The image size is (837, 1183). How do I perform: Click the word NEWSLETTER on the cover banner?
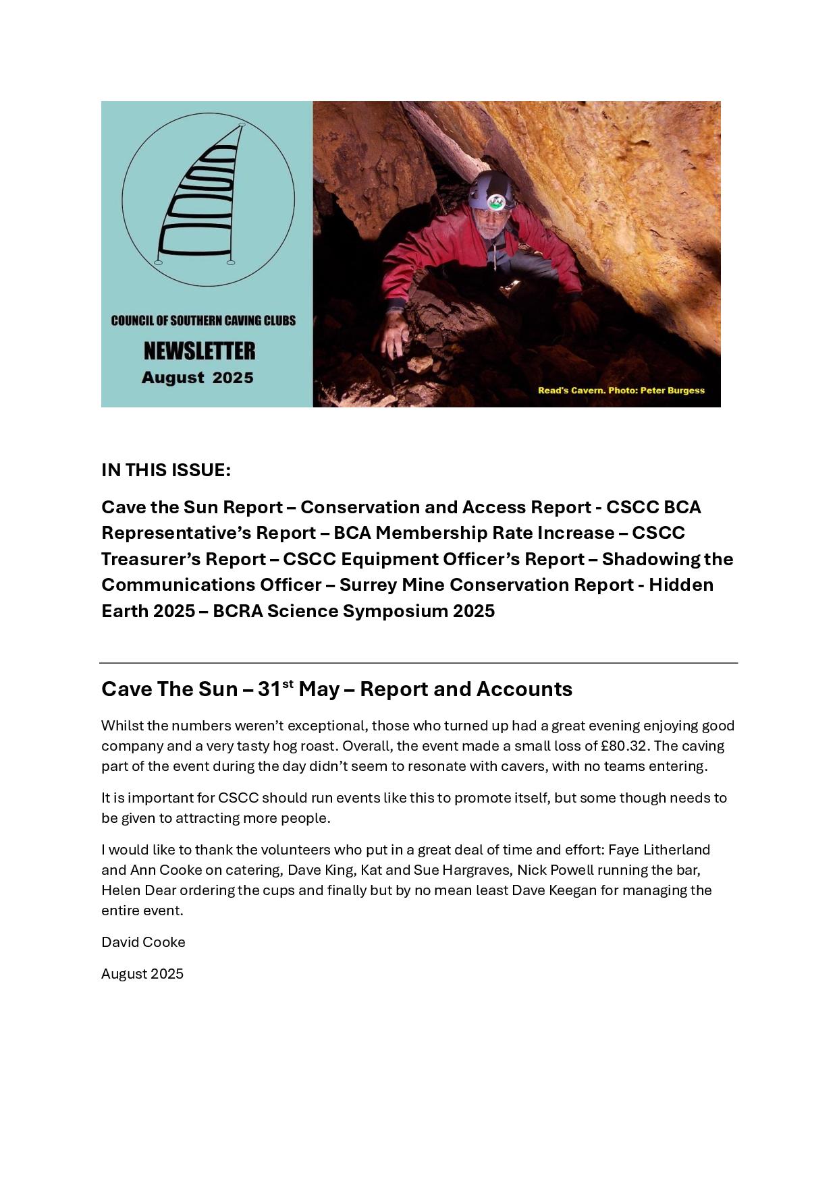point(199,351)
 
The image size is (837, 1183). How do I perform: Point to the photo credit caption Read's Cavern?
point(620,390)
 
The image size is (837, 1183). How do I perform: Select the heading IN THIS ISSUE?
point(166,470)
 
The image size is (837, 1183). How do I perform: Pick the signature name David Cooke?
point(143,942)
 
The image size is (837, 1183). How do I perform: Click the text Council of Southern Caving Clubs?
point(203,320)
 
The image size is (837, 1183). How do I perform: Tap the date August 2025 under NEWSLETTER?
point(198,378)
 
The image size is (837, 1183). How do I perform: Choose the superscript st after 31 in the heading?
point(287,683)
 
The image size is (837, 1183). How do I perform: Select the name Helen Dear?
point(138,890)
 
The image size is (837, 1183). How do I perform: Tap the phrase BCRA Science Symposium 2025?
point(354,611)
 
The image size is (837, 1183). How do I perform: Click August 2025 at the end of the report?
point(142,974)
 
